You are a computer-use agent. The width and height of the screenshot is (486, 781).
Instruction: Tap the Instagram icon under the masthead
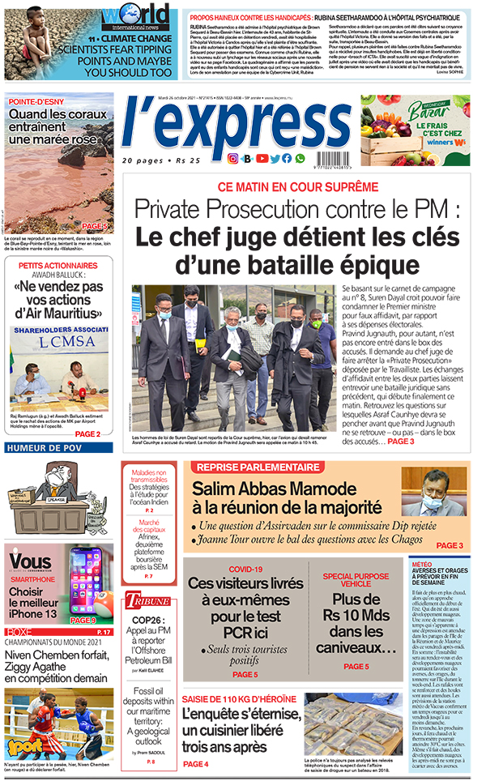pyautogui.click(x=233, y=159)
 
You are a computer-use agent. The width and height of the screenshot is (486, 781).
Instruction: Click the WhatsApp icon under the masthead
pyautogui.click(x=301, y=159)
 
